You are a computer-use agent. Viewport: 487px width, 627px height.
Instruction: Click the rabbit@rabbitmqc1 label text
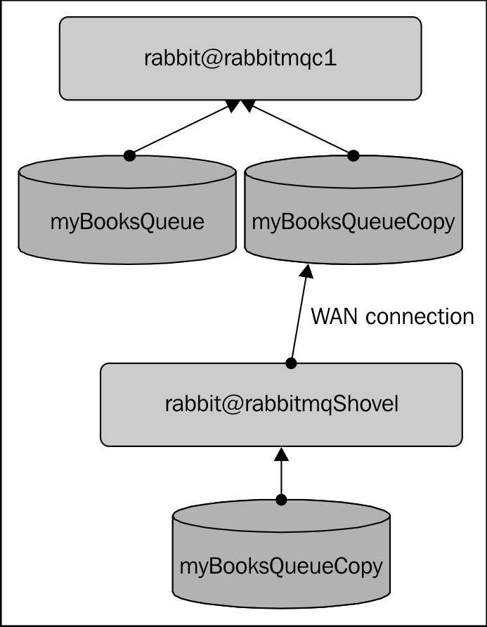(240, 58)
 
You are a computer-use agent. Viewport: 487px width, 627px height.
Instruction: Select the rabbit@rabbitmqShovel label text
(282, 404)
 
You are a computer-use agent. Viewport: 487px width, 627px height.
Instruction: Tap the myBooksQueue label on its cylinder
(127, 222)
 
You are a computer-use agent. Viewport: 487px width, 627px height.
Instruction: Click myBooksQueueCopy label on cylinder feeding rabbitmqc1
(353, 222)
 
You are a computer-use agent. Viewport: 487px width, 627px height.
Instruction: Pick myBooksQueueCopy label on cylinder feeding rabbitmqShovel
(282, 566)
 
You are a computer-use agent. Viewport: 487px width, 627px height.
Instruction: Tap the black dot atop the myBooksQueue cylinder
(128, 155)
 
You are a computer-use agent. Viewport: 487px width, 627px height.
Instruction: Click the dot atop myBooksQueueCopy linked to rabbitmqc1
(353, 155)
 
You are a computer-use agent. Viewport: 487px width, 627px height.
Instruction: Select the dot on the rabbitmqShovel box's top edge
(292, 363)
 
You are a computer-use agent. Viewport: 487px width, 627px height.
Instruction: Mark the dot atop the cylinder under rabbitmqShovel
(282, 500)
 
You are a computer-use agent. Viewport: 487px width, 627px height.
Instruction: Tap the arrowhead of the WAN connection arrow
(306, 272)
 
